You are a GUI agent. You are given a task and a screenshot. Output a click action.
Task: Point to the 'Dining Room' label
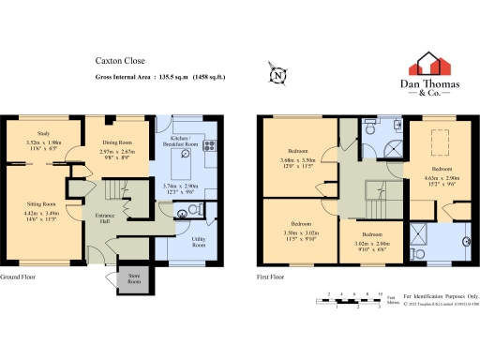click(x=117, y=142)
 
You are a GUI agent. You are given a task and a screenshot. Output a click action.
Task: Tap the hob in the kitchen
click(x=208, y=145)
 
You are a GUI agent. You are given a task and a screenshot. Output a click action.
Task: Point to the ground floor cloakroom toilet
click(x=192, y=212)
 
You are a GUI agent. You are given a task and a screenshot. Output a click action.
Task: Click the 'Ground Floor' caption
click(x=20, y=277)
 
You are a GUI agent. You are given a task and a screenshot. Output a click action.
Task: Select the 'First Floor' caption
click(x=272, y=277)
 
